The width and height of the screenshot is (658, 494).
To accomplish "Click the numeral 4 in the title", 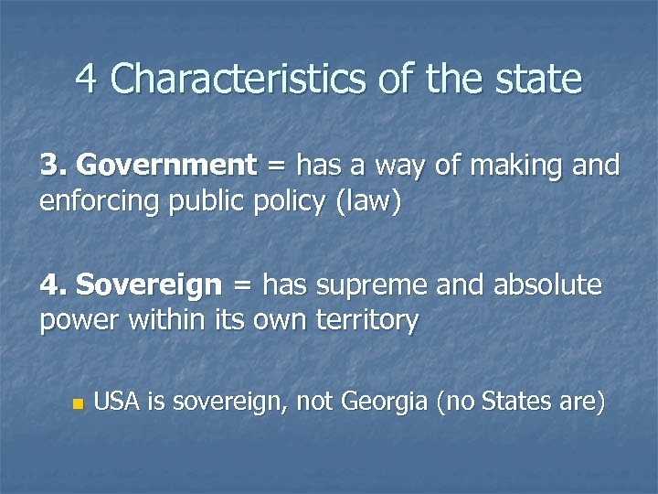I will pyautogui.click(x=87, y=79).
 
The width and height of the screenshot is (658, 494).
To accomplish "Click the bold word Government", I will pyautogui.click(x=167, y=166).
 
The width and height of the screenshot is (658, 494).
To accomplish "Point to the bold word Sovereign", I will pyautogui.click(x=149, y=285).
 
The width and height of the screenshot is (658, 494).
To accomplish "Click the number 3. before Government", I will pyautogui.click(x=54, y=166).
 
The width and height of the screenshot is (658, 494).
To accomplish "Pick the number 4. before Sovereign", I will pyautogui.click(x=54, y=285).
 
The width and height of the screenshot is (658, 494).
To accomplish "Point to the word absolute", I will pyautogui.click(x=547, y=285).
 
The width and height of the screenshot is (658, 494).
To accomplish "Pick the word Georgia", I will pyautogui.click(x=383, y=402).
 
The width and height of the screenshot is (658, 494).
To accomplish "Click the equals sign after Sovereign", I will pyautogui.click(x=240, y=287).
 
